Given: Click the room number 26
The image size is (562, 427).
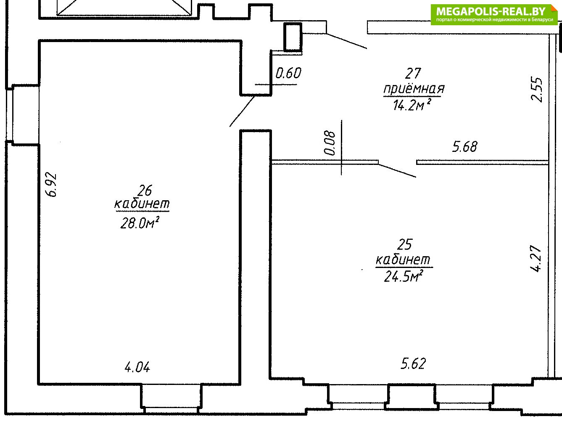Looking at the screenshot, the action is tap(145, 190).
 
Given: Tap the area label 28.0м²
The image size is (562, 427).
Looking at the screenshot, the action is tap(140, 223).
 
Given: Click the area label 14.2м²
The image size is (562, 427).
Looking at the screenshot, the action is tap(412, 104).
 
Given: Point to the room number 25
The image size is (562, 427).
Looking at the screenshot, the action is tap(405, 244).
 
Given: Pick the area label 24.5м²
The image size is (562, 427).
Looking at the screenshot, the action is tap(403, 276).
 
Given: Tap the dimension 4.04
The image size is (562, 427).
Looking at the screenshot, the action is tap(137, 367).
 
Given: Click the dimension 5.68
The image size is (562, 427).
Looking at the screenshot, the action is tap(465, 147).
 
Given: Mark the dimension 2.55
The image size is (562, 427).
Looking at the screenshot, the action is tap(537, 89).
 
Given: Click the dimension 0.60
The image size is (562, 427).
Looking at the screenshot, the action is tap(288, 73).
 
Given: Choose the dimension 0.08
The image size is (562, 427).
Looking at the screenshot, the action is tap(330, 143).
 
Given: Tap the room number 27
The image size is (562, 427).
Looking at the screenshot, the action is tap(413, 73).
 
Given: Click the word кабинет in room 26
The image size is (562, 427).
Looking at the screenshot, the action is tap(142, 204).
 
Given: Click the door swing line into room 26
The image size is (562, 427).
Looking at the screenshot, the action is tap(242, 111).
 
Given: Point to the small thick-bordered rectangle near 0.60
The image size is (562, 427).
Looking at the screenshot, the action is tap(293, 37).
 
